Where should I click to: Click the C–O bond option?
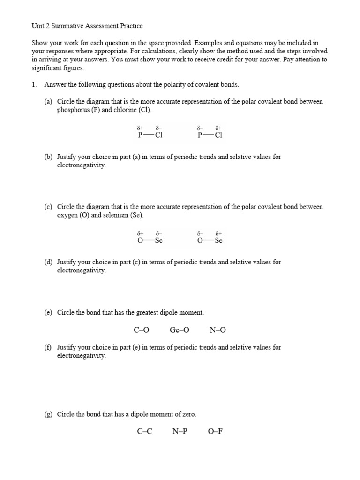pyautogui.click(x=141, y=330)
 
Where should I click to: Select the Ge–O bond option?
pyautogui.click(x=180, y=330)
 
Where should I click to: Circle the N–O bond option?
pyautogui.click(x=217, y=330)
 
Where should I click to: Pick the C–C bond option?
pyautogui.click(x=144, y=431)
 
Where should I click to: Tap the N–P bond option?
pyautogui.click(x=180, y=431)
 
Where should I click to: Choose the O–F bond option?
pyautogui.click(x=215, y=431)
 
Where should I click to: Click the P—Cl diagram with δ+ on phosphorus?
pyautogui.click(x=150, y=133)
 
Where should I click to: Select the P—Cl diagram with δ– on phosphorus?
pyautogui.click(x=210, y=133)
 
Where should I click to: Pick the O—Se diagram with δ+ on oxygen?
pyautogui.click(x=150, y=238)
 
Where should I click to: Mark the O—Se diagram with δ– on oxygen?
pyautogui.click(x=210, y=238)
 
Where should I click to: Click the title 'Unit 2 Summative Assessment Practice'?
pyautogui.click(x=87, y=26)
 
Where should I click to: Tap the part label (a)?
pyautogui.click(x=49, y=102)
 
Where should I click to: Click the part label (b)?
pyautogui.click(x=49, y=157)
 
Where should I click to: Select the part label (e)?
pyautogui.click(x=49, y=312)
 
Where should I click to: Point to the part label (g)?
pyautogui.click(x=49, y=414)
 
